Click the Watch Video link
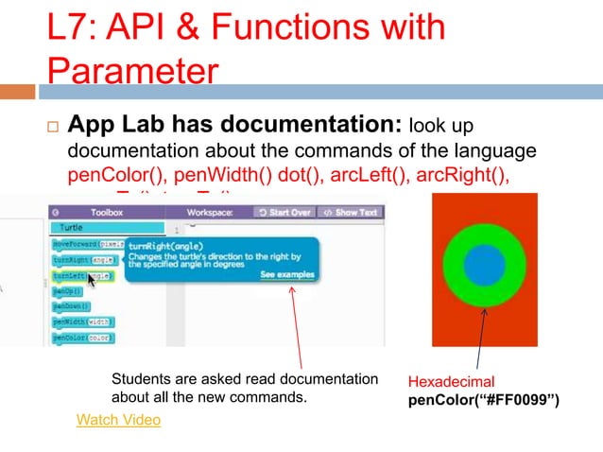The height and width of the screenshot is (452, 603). pyautogui.click(x=118, y=419)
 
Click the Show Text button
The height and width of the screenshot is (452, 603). pyautogui.click(x=351, y=212)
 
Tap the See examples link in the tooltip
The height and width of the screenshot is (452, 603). pyautogui.click(x=287, y=275)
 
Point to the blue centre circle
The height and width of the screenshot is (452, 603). pyautogui.click(x=484, y=266)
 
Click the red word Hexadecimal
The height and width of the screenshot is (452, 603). pyautogui.click(x=451, y=381)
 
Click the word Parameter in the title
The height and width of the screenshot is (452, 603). pyautogui.click(x=133, y=71)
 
